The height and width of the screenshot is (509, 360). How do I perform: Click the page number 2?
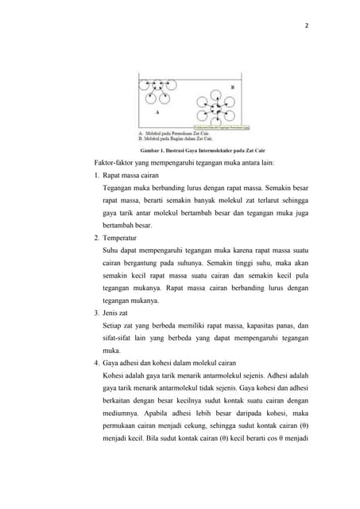(307, 25)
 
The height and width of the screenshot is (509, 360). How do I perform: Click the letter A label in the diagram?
(157, 113)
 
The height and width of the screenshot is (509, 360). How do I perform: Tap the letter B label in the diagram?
(232, 86)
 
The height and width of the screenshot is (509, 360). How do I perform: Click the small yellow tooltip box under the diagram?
(223, 126)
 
